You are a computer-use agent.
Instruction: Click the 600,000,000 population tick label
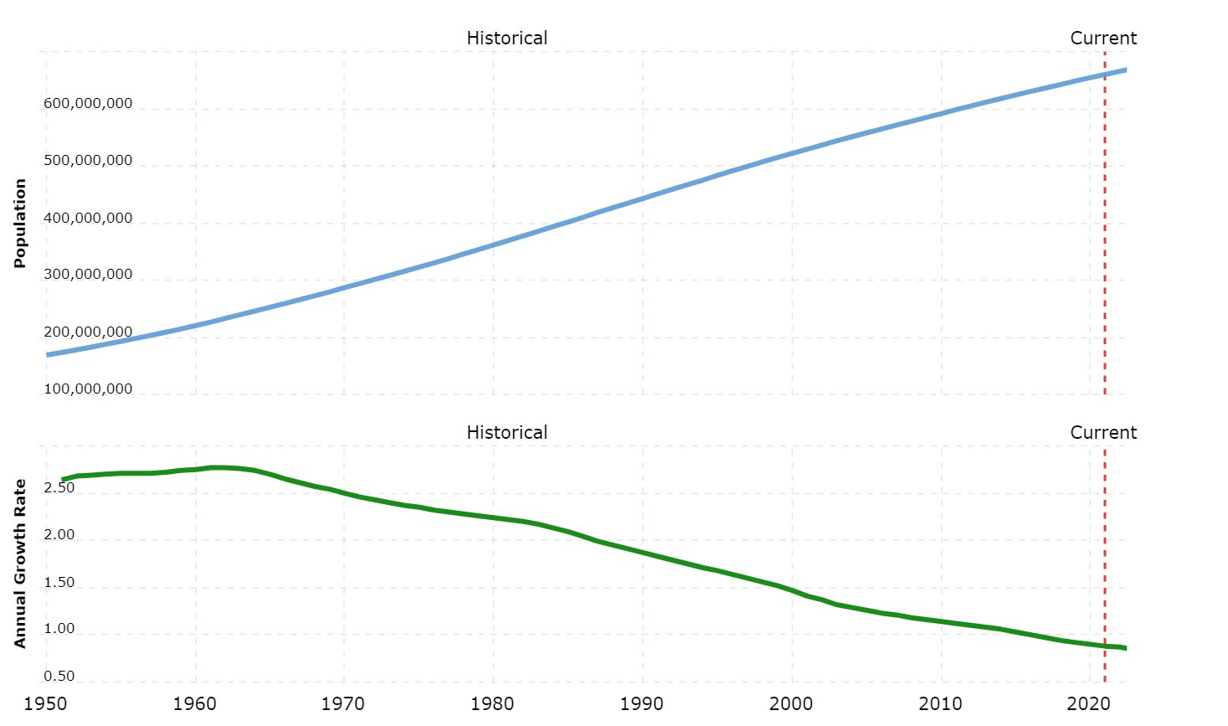[88, 104]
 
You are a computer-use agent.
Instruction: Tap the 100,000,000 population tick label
[88, 389]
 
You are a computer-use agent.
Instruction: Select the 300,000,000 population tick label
[88, 275]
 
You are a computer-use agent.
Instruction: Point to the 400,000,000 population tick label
[88, 219]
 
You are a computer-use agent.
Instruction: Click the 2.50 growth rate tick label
[59, 488]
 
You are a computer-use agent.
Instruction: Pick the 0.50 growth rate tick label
[59, 676]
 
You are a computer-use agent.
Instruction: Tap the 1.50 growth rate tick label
[59, 583]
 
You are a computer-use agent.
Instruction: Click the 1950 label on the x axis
[46, 703]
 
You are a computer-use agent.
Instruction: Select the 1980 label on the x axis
[493, 703]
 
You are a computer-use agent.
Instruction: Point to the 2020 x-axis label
[1090, 703]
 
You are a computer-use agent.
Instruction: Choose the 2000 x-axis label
[792, 703]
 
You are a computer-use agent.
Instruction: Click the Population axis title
[21, 223]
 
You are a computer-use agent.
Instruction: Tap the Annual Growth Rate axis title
[21, 563]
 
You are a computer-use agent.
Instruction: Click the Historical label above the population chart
[506, 39]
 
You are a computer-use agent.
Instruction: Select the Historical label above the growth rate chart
[506, 433]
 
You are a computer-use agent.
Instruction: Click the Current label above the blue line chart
[1103, 39]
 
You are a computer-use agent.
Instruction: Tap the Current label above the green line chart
[1103, 433]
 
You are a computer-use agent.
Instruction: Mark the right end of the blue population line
[1125, 70]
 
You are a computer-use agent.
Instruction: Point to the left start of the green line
[63, 480]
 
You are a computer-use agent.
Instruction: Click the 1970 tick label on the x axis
[344, 703]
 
